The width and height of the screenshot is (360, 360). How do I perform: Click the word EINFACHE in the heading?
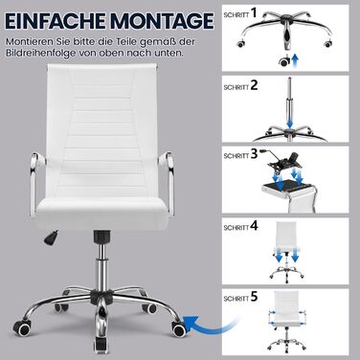click(x=56, y=21)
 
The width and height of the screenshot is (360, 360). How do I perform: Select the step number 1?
click(x=254, y=12)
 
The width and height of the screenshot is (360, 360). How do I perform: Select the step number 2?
click(x=254, y=85)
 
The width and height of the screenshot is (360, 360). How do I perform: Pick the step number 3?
click(x=254, y=154)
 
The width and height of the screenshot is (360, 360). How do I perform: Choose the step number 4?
click(x=254, y=226)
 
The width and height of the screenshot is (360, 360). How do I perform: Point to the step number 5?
click(x=254, y=297)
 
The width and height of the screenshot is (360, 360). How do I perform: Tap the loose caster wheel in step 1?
click(x=282, y=61)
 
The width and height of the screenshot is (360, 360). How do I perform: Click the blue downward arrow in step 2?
click(x=290, y=123)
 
